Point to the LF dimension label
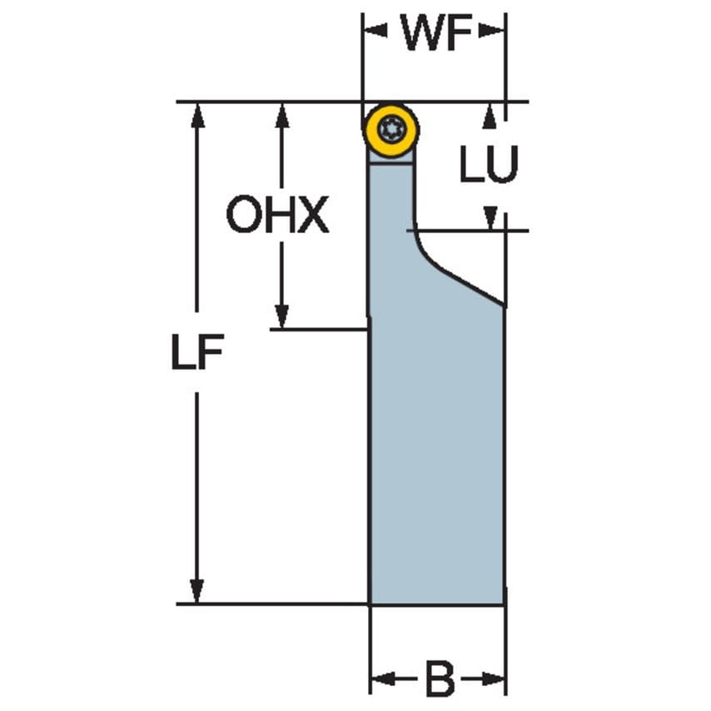coord(196,355)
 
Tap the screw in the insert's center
coord(390,129)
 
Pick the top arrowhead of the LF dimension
coord(197,116)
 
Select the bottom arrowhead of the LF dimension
coord(197,590)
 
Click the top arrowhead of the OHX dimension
coord(282,116)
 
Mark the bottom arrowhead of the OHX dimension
coord(282,316)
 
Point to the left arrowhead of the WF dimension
coord(375,32)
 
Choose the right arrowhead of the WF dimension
coord(493,32)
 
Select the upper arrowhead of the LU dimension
coord(490,116)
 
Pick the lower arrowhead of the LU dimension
coord(490,218)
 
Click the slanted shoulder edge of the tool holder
coord(462,281)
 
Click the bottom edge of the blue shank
coord(436,604)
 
